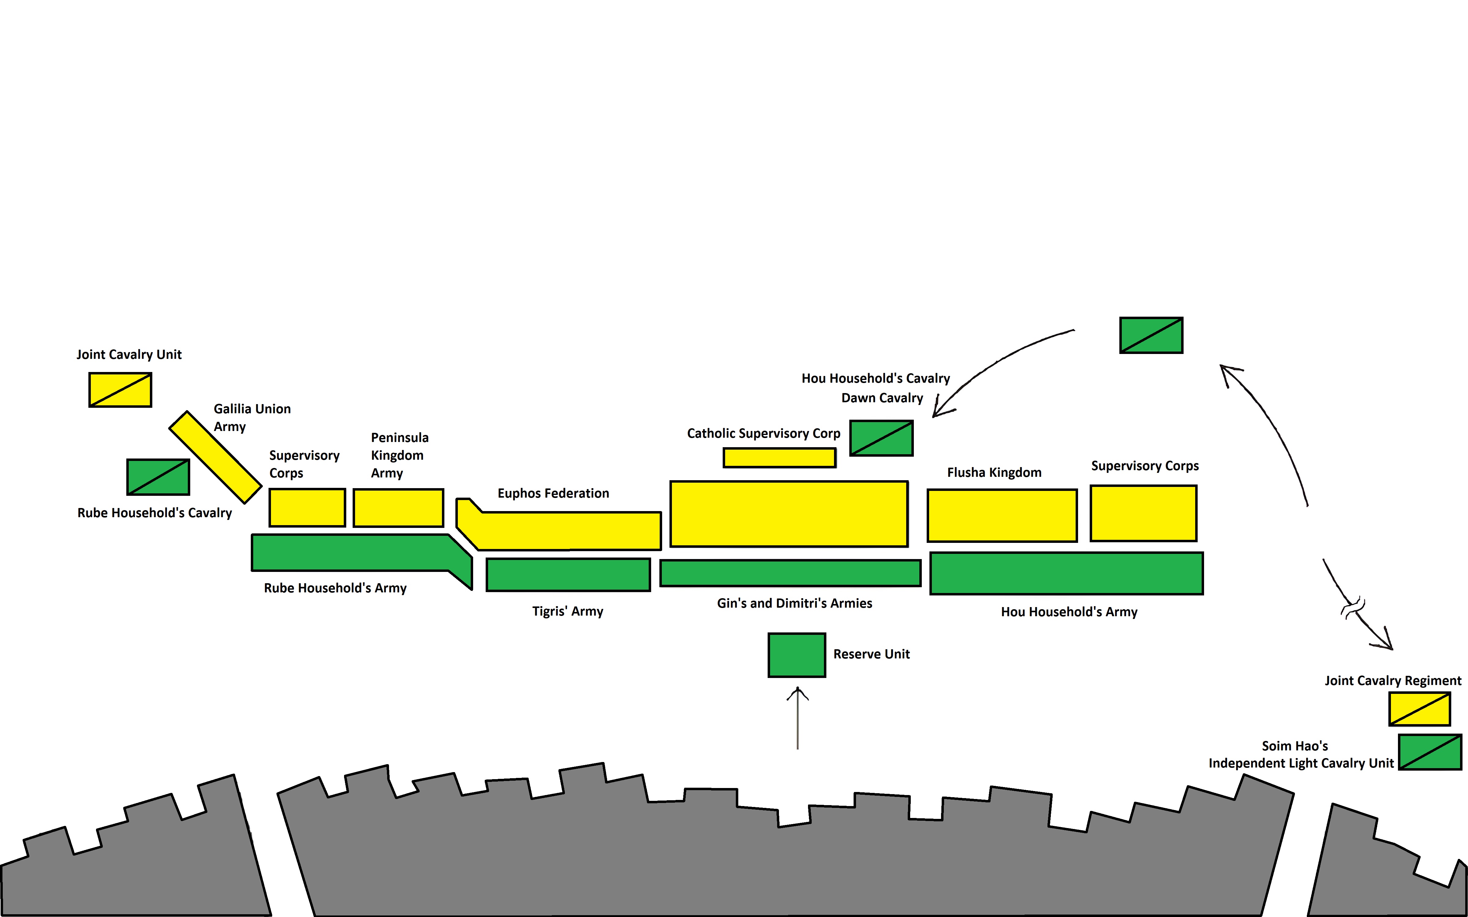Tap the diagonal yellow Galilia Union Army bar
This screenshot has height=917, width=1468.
pos(215,457)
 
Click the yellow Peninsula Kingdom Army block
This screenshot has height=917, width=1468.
pos(398,508)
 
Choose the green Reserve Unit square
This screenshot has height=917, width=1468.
pos(796,655)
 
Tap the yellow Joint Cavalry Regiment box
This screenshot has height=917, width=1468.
pos(1419,708)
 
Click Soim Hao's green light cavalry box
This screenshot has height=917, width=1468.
pos(1430,752)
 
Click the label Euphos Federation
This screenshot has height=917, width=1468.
pos(553,493)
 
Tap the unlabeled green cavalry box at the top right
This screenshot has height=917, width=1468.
pos(1151,335)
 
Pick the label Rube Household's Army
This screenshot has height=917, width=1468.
pos(335,588)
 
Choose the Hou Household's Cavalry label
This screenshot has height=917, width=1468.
pos(875,378)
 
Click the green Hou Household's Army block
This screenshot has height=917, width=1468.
pos(1066,573)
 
